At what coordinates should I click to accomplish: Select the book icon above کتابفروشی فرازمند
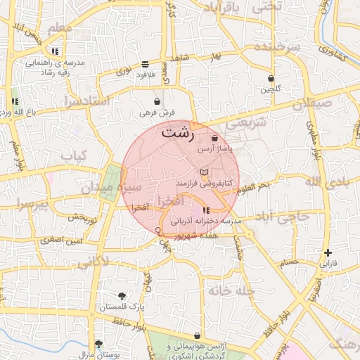204,172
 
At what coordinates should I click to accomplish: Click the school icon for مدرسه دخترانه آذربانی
205,210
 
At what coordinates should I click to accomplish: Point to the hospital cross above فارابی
328,252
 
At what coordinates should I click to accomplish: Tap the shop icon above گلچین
271,78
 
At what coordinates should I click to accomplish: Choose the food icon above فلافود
146,63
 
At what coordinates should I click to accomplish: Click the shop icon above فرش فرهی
156,102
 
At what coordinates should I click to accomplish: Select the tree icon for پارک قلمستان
123,296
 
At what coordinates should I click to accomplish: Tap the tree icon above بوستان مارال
99,344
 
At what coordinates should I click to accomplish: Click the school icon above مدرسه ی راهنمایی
55,51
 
